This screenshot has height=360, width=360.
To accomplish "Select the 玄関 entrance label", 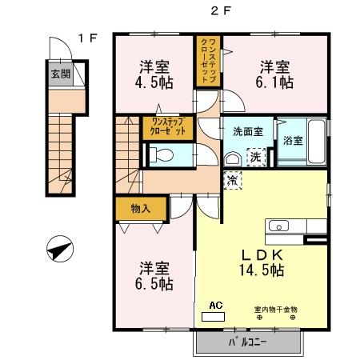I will tap(59, 75).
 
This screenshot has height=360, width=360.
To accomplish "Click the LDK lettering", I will tap(263, 254).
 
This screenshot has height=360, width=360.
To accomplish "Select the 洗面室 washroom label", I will tap(248, 131).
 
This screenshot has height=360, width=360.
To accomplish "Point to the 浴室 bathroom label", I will tap(293, 141).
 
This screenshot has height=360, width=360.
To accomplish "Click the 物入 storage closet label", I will tap(140, 208).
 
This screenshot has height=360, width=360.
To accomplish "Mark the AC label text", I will tap(214, 305).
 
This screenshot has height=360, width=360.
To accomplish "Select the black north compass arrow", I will tap(58, 250).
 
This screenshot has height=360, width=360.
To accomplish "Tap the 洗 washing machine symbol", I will tap(254, 156).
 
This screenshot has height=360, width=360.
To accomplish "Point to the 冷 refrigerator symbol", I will tap(233, 182).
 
